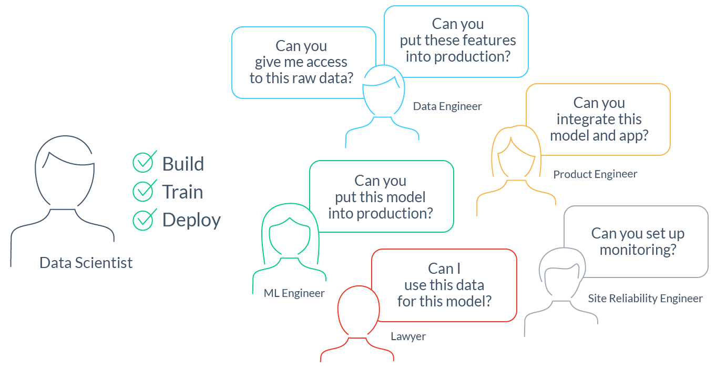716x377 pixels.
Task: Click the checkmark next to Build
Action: click(143, 163)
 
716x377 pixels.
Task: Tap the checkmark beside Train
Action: click(143, 191)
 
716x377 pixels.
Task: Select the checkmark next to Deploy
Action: click(143, 219)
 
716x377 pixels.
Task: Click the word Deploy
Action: click(191, 220)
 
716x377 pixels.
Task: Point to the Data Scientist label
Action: click(86, 263)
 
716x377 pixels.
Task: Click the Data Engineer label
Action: click(447, 106)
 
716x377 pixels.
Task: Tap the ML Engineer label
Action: click(294, 293)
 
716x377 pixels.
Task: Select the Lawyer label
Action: click(408, 336)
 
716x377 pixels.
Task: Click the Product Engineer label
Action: click(595, 174)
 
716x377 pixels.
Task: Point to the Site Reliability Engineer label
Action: click(645, 299)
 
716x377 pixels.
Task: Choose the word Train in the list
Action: click(182, 192)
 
